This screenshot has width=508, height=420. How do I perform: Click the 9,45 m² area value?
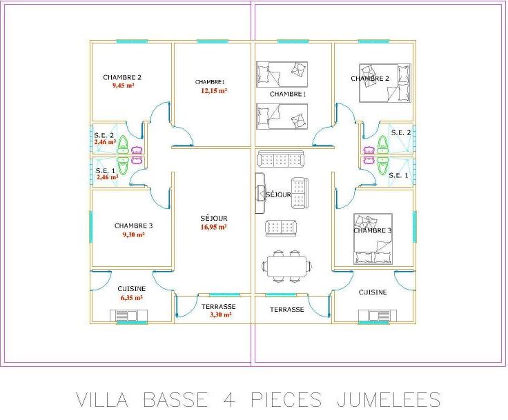coord(123,86)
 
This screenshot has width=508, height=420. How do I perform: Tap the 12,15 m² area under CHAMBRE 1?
coord(214,90)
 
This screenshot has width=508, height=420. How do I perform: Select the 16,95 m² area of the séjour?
coord(214,226)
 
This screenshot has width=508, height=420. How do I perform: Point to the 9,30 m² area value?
coord(133,234)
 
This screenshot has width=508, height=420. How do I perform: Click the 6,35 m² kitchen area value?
coord(130,298)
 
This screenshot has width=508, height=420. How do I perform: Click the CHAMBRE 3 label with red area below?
coord(133,226)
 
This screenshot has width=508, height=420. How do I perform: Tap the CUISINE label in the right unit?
coord(373,292)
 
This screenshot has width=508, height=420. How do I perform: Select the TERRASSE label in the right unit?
coord(286,310)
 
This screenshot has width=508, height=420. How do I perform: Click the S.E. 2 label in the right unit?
coord(400,132)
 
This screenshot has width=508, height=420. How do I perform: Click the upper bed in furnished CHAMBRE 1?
coord(282,71)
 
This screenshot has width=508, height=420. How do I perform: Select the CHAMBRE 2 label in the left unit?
coord(122,77)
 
